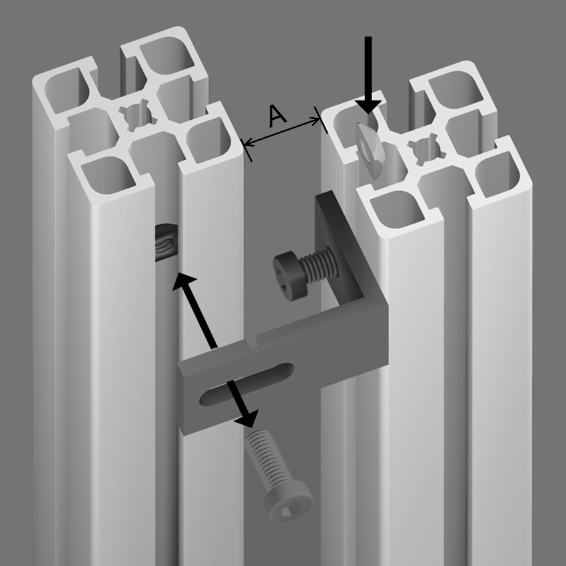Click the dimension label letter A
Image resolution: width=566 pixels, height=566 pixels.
[278, 116]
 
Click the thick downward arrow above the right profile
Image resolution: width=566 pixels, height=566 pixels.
[368, 75]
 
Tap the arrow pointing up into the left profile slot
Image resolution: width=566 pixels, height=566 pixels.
[195, 310]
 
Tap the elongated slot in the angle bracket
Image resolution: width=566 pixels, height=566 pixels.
[246, 384]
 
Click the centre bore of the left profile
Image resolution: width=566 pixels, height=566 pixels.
[138, 115]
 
